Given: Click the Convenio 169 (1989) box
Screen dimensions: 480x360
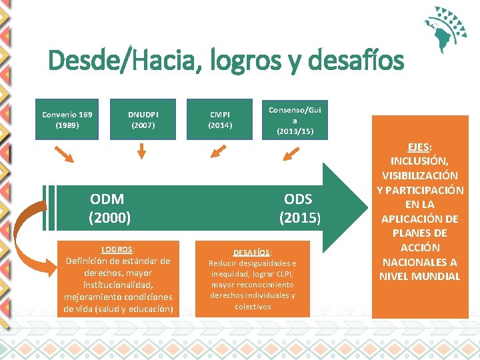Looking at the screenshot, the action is (x=67, y=119).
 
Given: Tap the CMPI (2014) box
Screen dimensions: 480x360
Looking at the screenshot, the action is (x=220, y=119).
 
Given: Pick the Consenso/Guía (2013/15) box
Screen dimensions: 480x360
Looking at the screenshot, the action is (x=295, y=119).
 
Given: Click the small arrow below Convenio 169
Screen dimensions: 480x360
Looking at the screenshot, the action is (x=65, y=155).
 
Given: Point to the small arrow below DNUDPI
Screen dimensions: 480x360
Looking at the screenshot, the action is (x=141, y=152).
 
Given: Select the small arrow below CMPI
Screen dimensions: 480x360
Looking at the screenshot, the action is (x=217, y=154).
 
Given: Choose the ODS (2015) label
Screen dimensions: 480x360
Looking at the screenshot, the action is (x=297, y=208).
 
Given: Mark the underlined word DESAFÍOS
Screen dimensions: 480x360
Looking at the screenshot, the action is (x=251, y=252).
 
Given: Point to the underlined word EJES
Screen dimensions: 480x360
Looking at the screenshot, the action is (x=419, y=147).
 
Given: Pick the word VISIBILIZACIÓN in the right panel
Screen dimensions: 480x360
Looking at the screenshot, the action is (x=420, y=175).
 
